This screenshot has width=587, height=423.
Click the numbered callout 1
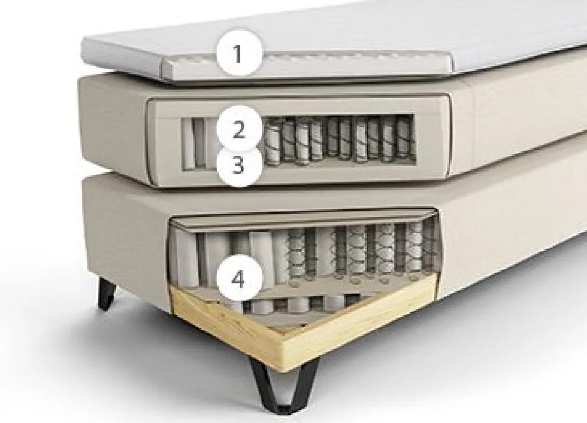point(238,54)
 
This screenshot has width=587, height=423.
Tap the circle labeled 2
point(238,128)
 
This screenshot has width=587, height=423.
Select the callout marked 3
point(238,164)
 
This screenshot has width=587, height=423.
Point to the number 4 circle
point(238,279)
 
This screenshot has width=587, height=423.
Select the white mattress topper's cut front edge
point(307,68)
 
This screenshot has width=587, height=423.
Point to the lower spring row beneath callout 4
point(299,303)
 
